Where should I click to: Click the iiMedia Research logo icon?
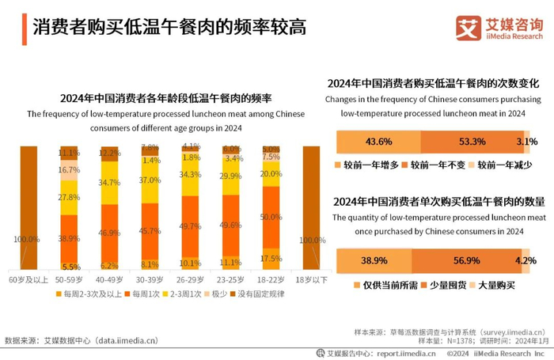469,28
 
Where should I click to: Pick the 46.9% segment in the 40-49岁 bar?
109,233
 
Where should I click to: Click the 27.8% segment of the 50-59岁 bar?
69,197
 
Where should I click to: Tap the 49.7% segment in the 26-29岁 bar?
190,225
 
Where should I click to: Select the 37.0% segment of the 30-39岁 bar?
150,180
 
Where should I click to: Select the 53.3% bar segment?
472,142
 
